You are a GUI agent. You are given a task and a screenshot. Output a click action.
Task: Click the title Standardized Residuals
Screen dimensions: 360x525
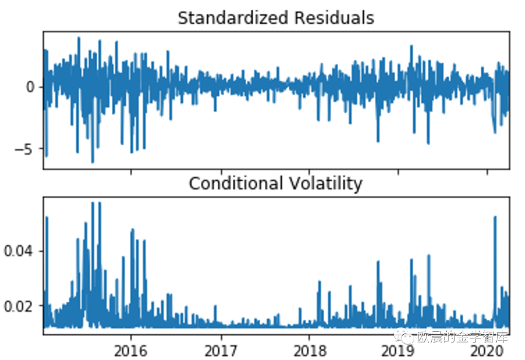tap(276, 18)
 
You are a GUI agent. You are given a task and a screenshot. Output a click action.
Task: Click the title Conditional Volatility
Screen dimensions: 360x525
tap(276, 184)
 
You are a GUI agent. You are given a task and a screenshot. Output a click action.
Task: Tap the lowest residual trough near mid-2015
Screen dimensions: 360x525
tap(92, 161)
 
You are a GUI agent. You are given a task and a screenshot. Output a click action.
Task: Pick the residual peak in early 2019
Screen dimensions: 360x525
tap(411, 47)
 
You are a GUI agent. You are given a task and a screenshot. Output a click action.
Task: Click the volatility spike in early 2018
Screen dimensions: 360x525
tap(319, 282)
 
